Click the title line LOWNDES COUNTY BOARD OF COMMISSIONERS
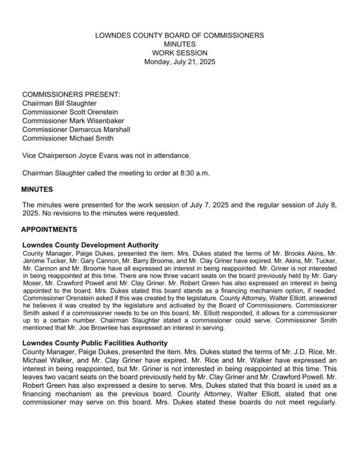point(179,36)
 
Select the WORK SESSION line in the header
point(179,53)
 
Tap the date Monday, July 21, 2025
point(179,62)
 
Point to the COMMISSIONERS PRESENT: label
point(71,95)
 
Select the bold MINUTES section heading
point(38,189)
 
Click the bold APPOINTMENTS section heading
point(51,229)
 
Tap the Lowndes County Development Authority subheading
point(90,244)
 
